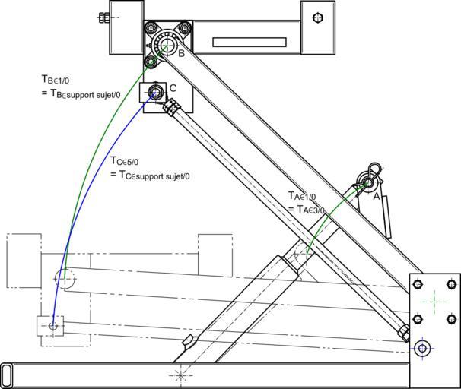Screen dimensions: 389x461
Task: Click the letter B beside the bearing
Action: [x=181, y=53]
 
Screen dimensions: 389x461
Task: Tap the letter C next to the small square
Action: [x=173, y=88]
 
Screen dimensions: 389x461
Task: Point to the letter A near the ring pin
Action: [x=376, y=195]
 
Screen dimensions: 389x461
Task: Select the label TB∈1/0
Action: [x=59, y=78]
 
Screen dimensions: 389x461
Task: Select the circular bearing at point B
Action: [x=165, y=43]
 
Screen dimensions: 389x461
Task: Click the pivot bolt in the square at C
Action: [x=155, y=93]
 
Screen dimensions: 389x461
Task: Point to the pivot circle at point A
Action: [x=369, y=183]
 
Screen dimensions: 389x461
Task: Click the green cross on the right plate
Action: [x=434, y=301]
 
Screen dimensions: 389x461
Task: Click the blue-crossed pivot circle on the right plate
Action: [x=423, y=349]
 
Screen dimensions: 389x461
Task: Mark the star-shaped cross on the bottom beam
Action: [x=180, y=375]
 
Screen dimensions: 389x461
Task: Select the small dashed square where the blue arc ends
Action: [x=52, y=325]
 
